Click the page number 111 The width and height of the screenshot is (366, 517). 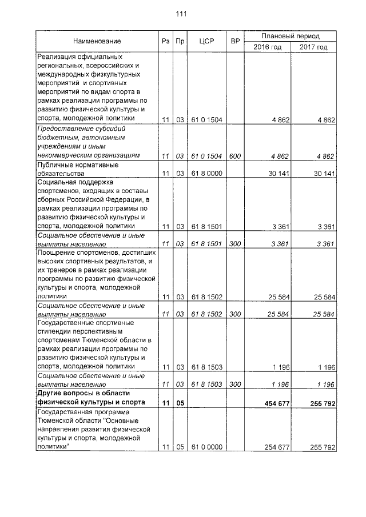(183, 14)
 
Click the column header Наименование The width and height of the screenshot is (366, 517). (97, 41)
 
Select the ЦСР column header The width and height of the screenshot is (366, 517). (206, 41)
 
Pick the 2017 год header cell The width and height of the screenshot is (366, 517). (313, 47)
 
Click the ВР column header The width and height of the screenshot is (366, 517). (234, 41)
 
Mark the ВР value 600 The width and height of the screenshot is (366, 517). (234, 156)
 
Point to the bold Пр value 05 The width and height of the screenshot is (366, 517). (180, 403)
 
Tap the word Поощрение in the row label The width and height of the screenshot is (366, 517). (57, 253)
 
